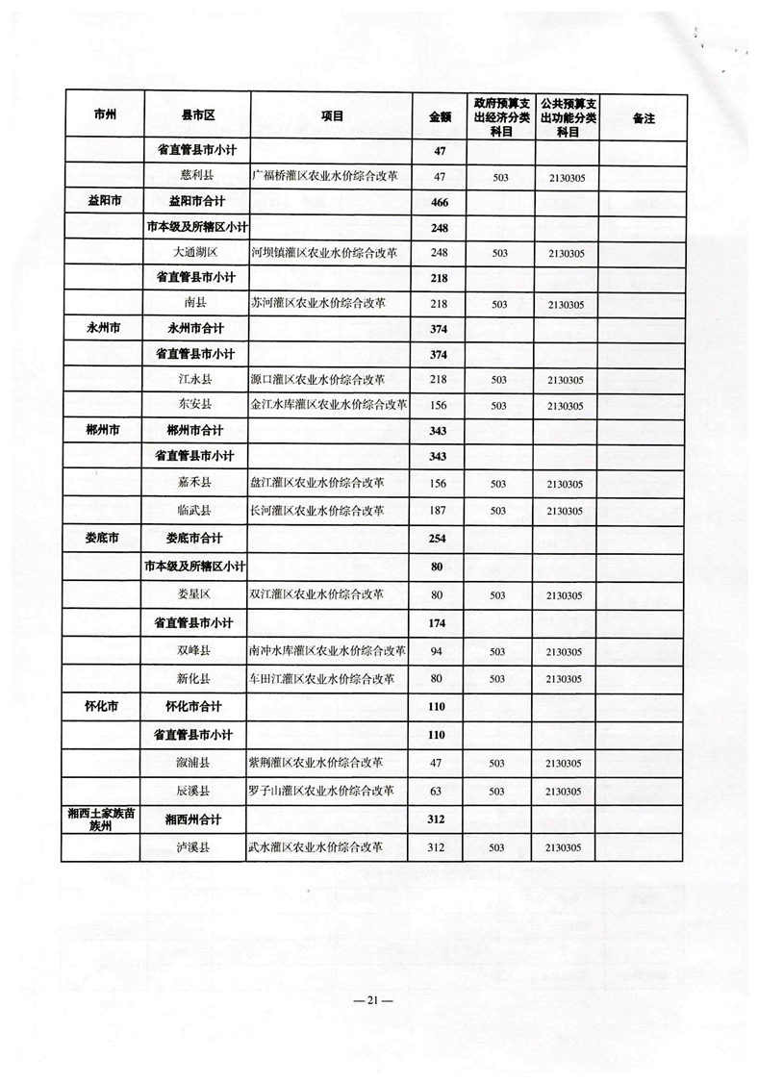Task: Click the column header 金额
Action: [x=440, y=116]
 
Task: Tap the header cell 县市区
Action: [x=197, y=116]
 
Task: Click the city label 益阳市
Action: [x=105, y=202]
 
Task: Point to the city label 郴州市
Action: [x=105, y=429]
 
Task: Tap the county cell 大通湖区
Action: [x=197, y=253]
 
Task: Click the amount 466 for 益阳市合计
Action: [x=440, y=202]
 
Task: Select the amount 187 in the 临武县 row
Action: [x=440, y=509]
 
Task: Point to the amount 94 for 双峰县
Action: [x=440, y=651]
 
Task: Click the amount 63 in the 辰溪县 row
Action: [x=440, y=792]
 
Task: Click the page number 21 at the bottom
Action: [x=379, y=1002]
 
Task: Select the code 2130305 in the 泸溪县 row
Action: [x=566, y=848]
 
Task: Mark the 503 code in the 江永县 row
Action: [x=498, y=380]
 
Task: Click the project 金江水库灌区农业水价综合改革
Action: [x=328, y=405]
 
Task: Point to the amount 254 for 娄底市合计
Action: [x=440, y=538]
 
